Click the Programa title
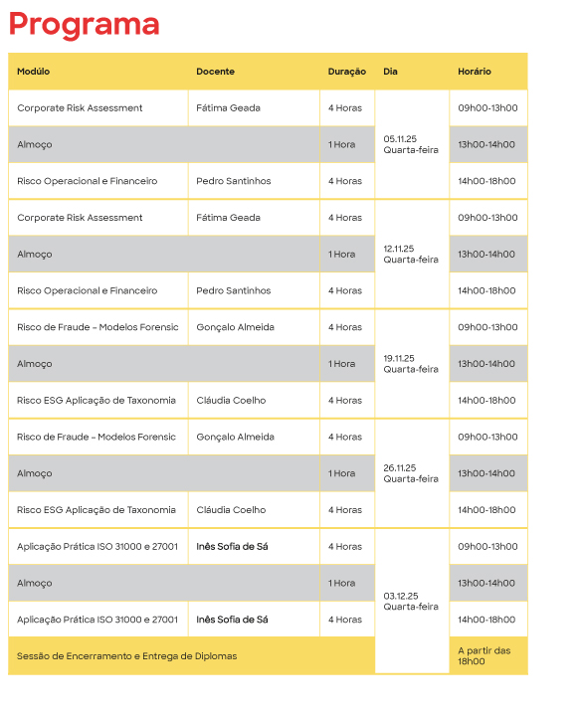coord(84,24)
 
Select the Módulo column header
coord(34,72)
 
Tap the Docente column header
coord(215,72)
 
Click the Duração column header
coord(347,72)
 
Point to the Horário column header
coord(475,72)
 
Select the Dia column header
coord(390,72)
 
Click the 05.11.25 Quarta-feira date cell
coord(411,144)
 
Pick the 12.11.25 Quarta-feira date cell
coord(411,255)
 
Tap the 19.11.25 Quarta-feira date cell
coord(411,364)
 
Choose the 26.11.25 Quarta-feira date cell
coord(411,473)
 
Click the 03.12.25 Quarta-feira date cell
coord(411,601)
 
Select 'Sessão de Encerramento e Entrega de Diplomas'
coord(127,656)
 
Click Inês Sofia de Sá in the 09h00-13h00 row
coord(232,546)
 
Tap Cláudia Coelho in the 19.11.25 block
coord(231,400)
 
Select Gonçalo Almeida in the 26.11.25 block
coord(235,437)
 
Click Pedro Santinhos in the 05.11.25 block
coord(233,181)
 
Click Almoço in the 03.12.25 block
coord(35,583)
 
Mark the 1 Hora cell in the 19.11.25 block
coord(341,364)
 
